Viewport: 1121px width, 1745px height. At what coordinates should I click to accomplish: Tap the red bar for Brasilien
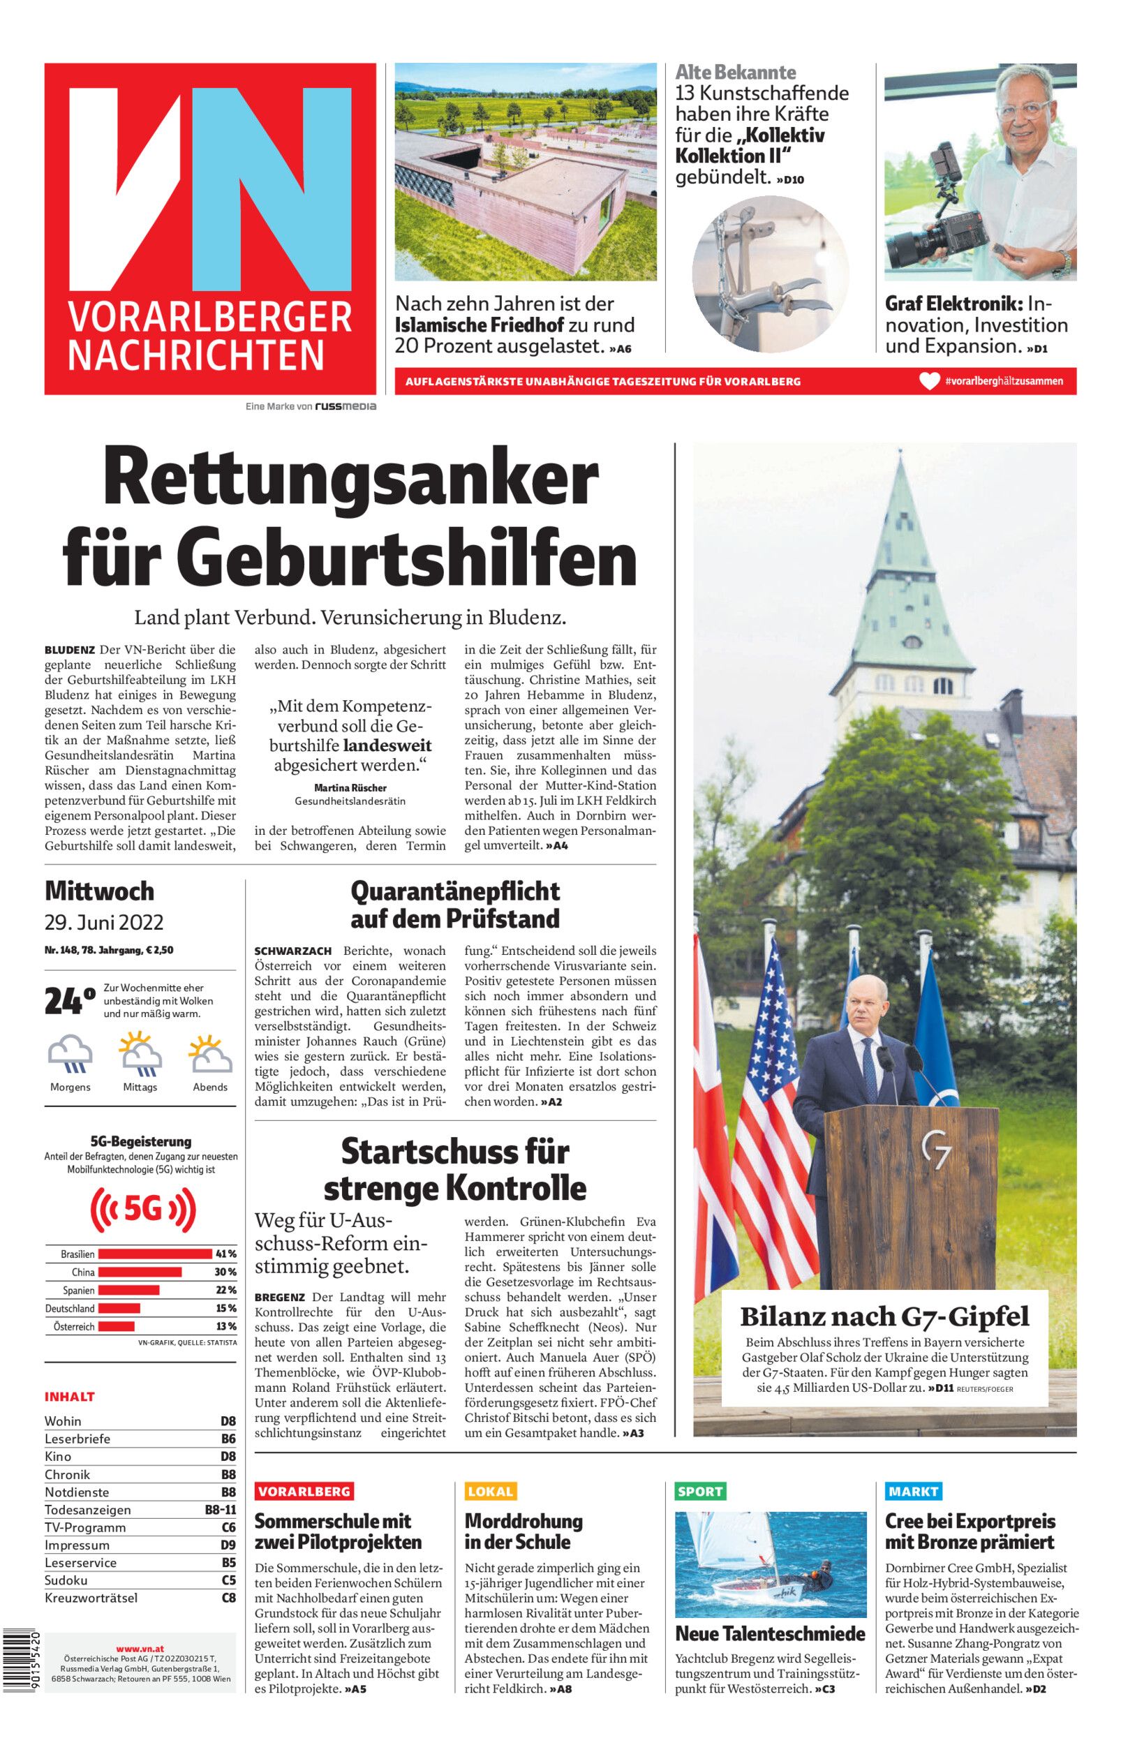(x=154, y=1254)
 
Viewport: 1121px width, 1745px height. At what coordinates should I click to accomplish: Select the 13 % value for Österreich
(x=225, y=1327)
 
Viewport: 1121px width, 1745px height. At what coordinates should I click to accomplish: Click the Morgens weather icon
(x=70, y=1055)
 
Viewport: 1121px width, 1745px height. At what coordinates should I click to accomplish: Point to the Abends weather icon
(x=210, y=1055)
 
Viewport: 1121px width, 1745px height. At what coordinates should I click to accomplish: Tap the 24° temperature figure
(x=69, y=1000)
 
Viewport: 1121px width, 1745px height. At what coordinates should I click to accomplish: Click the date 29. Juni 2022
(x=103, y=923)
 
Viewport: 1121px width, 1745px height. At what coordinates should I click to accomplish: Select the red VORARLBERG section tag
(x=304, y=1491)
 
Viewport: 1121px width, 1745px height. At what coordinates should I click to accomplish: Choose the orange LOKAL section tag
(x=490, y=1491)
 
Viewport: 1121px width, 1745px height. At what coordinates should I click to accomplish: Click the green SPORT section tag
(x=699, y=1491)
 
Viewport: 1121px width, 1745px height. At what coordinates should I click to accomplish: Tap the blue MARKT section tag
(x=913, y=1491)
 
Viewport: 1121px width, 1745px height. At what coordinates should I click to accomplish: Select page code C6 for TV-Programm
(x=228, y=1527)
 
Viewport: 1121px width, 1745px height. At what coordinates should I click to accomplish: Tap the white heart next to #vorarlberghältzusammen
(x=930, y=380)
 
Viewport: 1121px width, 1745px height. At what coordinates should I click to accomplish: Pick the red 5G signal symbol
(x=142, y=1210)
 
